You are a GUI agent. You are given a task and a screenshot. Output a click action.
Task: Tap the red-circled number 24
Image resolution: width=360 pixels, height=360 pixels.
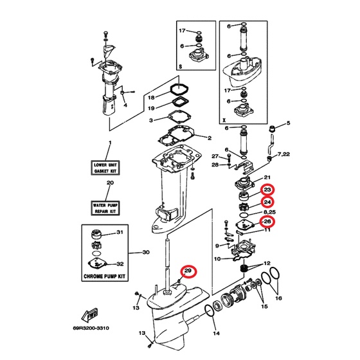[x=267, y=202]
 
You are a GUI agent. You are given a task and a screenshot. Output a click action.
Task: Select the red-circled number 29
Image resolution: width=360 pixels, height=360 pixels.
[x=188, y=271]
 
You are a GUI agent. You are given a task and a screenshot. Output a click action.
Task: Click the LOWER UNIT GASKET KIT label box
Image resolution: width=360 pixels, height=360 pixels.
[x=105, y=168]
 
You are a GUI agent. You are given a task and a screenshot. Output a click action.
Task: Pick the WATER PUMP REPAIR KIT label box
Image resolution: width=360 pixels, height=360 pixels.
[x=105, y=208]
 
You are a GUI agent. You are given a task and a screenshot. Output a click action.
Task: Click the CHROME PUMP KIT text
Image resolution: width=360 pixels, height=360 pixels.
[x=104, y=276]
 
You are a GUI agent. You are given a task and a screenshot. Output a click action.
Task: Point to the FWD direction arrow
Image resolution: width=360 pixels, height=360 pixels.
[x=90, y=316]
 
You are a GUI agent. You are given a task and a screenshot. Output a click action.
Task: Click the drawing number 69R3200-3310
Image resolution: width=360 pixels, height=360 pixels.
[x=91, y=328]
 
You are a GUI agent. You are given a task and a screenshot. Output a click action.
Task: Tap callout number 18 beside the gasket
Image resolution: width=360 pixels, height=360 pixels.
[x=151, y=98]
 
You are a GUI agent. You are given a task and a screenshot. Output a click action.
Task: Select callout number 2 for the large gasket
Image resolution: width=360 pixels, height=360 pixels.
[x=210, y=138]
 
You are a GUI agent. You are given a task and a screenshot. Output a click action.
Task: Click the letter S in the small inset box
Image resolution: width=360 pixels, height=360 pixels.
[x=180, y=67]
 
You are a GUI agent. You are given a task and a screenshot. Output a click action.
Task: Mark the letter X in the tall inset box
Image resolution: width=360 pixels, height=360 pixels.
[x=224, y=120]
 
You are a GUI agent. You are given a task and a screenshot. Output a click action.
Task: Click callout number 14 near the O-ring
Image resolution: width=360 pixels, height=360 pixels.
[x=216, y=333]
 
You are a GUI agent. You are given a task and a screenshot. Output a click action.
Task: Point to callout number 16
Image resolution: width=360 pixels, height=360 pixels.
[x=278, y=298]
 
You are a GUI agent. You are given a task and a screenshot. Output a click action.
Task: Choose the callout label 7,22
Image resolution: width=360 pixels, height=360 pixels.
[x=283, y=154]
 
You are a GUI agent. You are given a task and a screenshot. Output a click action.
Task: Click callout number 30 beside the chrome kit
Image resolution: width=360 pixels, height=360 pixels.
[x=146, y=252]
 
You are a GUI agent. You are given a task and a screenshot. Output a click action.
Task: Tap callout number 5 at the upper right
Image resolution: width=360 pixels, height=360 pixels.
[x=288, y=123]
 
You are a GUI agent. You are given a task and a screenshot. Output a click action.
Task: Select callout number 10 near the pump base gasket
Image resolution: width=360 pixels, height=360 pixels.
[x=217, y=258]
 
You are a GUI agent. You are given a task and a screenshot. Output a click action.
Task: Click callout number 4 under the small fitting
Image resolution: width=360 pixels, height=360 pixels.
[x=125, y=105]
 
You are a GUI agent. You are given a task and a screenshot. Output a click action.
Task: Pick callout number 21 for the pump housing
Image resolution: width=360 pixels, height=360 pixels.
[x=267, y=177]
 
